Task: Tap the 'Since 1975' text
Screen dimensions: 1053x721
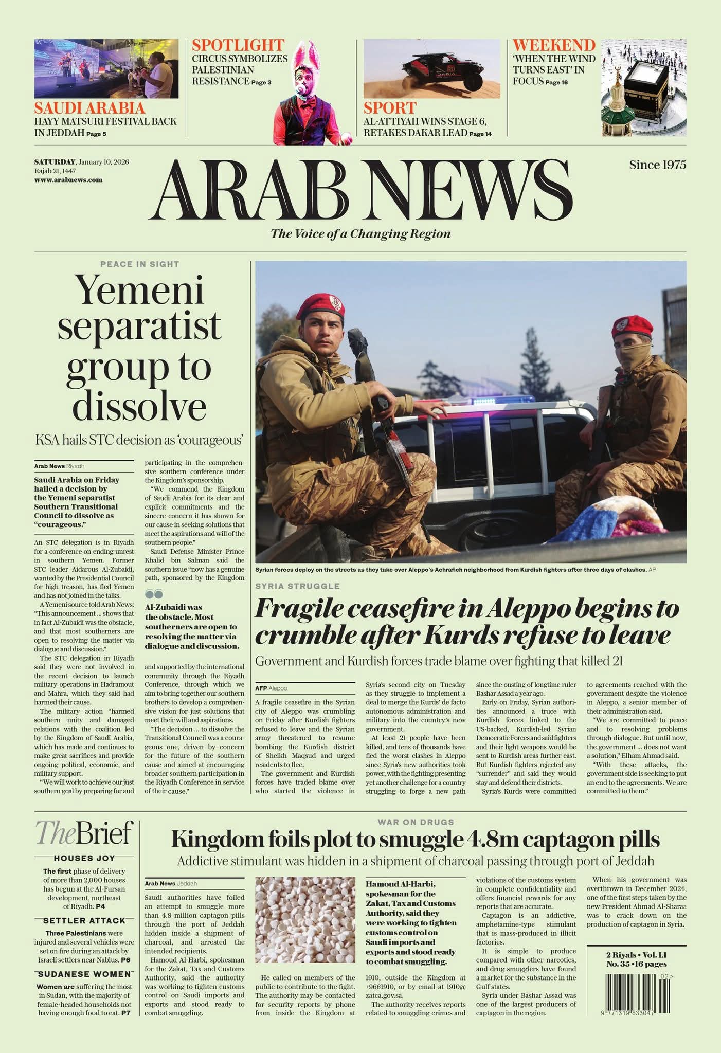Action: (657, 165)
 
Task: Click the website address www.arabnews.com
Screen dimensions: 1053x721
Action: (68, 180)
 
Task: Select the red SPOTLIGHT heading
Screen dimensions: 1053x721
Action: (238, 45)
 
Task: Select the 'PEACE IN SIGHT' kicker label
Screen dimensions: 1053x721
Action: (139, 264)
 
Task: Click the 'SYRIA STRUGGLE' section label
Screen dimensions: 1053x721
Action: (297, 586)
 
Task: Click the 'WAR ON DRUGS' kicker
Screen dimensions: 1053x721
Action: (416, 822)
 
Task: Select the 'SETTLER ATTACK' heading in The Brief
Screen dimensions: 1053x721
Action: (84, 920)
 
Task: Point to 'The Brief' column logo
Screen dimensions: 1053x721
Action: (84, 833)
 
